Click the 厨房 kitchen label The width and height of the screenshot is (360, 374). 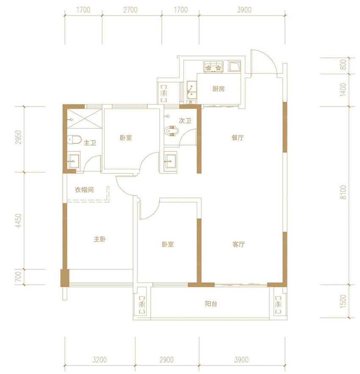219,89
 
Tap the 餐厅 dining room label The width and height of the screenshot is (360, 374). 238,138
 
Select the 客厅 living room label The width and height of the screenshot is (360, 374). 238,244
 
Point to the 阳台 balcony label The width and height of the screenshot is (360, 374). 211,304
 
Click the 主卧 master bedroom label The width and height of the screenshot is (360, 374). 100,239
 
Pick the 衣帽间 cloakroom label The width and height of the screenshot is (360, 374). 84,190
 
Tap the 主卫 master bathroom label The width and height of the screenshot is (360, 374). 90,143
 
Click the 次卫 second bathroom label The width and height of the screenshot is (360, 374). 185,121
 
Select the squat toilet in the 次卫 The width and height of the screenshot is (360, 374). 172,131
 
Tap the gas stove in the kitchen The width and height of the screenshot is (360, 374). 213,67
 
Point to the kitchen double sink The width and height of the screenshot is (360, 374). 191,90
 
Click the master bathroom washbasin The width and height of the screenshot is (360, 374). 74,161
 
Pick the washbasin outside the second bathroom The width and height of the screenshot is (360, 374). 170,161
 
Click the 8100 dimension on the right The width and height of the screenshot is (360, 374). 343,192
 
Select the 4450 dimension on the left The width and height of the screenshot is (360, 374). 19,220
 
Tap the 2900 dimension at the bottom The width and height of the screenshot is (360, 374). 166,360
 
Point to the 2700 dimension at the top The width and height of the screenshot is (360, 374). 130,10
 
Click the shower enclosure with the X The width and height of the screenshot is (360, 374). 84,119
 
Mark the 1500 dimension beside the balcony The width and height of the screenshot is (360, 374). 343,301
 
